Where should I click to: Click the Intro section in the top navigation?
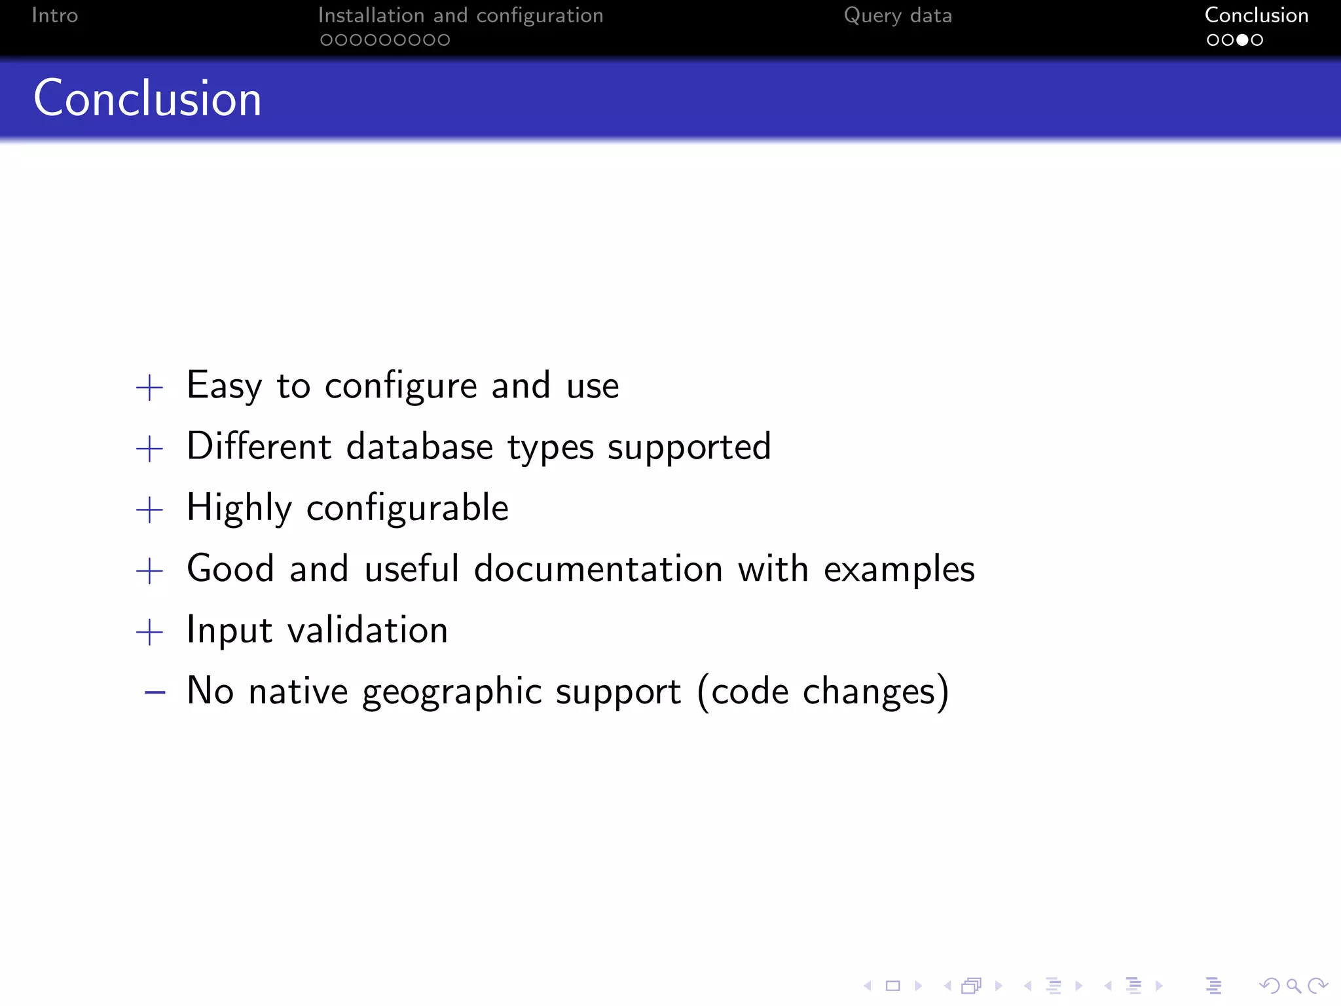point(55,15)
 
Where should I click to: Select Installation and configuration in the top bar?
point(460,15)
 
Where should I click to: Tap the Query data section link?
point(898,15)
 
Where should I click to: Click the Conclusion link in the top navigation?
point(1256,15)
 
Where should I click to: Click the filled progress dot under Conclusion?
point(1242,40)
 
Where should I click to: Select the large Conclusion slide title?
point(147,98)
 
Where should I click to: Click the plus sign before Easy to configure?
point(149,387)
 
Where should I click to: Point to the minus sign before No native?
point(155,692)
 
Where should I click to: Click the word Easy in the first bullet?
point(224,385)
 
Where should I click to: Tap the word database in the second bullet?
point(419,447)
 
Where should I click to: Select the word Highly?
point(239,508)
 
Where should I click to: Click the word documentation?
point(598,568)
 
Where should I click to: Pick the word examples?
point(899,569)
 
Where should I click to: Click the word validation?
point(367,630)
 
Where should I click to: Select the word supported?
point(689,448)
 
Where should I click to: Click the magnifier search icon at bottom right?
point(1293,986)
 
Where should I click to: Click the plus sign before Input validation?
point(149,632)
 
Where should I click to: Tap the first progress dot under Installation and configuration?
point(325,40)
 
